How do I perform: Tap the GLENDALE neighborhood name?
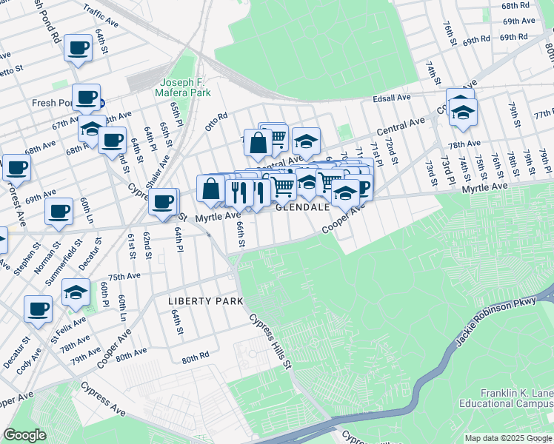click(x=302, y=208)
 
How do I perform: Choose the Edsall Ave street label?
click(x=392, y=98)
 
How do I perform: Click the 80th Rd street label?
click(x=196, y=357)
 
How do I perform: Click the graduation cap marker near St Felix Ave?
click(x=76, y=292)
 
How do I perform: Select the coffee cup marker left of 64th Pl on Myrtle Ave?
click(x=163, y=200)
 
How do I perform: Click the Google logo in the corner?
click(x=24, y=435)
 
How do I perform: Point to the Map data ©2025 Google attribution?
click(x=508, y=438)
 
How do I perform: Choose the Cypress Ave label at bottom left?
click(x=103, y=397)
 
